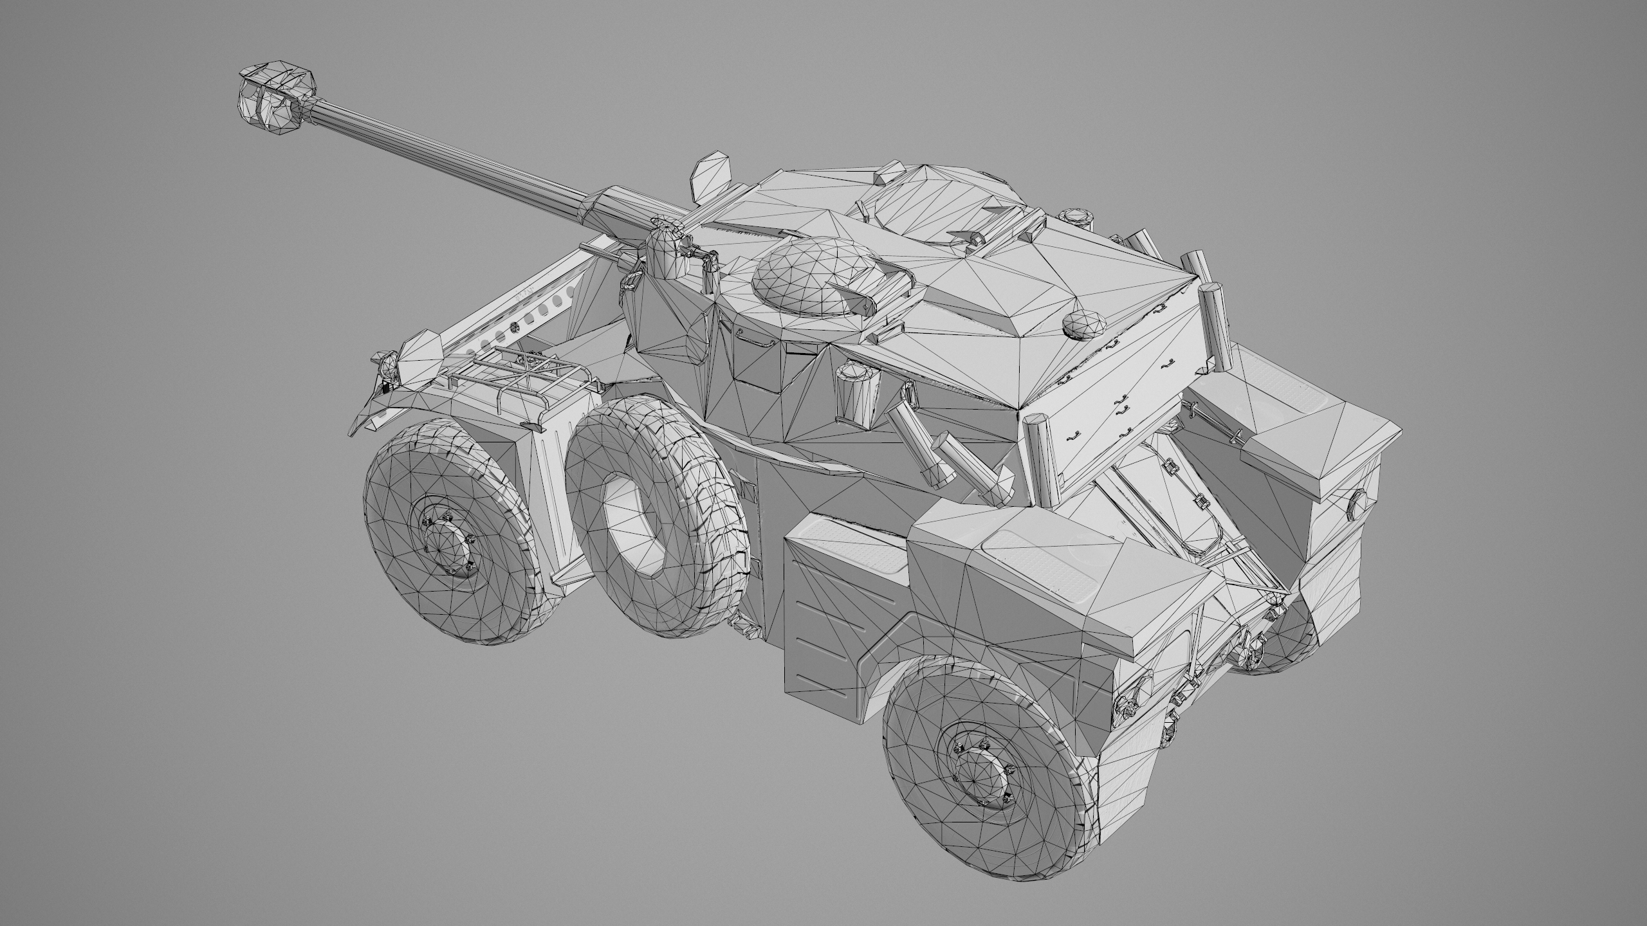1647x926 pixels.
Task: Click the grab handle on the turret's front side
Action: pos(753,337)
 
